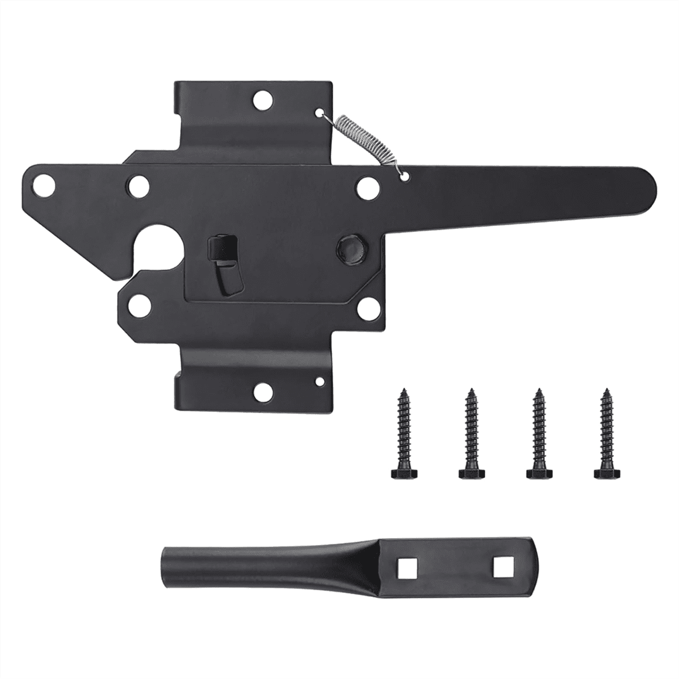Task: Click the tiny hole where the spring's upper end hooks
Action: pos(320,112)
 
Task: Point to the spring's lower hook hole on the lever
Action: pos(403,177)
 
